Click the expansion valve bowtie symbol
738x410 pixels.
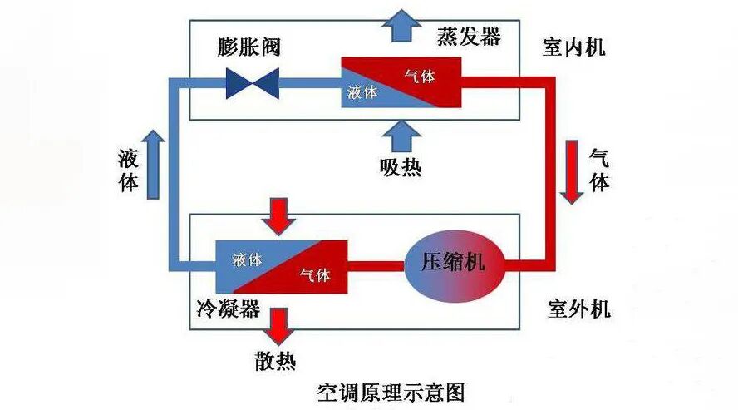pyautogui.click(x=253, y=82)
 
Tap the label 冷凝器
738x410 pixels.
pyautogui.click(x=224, y=310)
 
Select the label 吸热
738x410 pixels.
pyautogui.click(x=401, y=166)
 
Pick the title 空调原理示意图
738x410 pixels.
pyautogui.click(x=390, y=392)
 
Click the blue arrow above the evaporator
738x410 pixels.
pyautogui.click(x=402, y=24)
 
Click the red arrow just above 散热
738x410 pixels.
pyautogui.click(x=278, y=326)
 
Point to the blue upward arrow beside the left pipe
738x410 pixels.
pyautogui.click(x=152, y=164)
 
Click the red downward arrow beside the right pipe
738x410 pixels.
pyautogui.click(x=572, y=172)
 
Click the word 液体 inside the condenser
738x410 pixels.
pyautogui.click(x=248, y=259)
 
